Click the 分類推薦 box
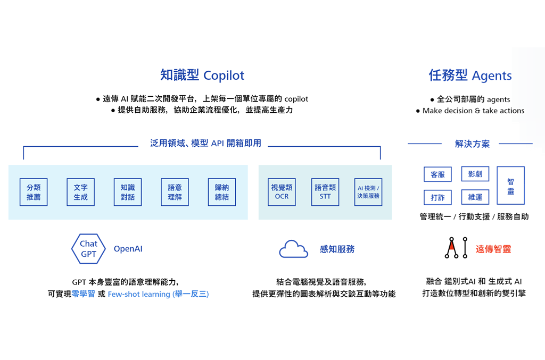(34, 192)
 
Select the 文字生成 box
(80, 192)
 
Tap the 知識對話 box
(128, 192)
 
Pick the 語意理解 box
(175, 192)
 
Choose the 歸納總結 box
(221, 192)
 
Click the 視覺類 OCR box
(282, 192)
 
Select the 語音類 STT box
(325, 192)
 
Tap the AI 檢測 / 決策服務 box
(368, 192)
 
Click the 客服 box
(437, 174)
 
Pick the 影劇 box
(475, 174)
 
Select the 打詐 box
(437, 198)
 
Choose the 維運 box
(475, 197)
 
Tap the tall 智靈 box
(510, 186)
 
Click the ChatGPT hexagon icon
(88, 249)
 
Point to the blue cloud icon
(293, 249)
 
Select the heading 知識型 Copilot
(202, 75)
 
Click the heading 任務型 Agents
(470, 76)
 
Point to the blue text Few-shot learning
(139, 294)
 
